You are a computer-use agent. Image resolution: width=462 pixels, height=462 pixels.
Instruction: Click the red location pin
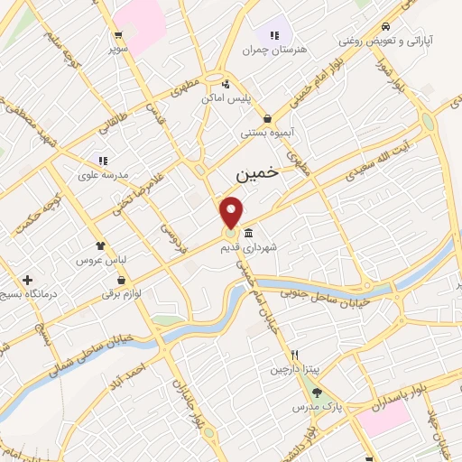coord(232,211)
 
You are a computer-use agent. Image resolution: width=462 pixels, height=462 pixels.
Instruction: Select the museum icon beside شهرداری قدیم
coord(248,234)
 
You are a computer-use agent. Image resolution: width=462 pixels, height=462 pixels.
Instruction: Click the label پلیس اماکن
coord(250,97)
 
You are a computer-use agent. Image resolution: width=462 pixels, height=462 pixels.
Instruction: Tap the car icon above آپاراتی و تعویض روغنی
coord(385,26)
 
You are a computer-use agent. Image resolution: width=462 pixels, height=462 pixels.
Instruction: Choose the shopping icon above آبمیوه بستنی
coord(267,118)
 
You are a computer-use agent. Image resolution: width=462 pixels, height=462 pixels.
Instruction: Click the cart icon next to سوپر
coord(118,36)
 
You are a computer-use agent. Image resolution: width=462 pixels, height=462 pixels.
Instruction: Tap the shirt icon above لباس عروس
coord(100,245)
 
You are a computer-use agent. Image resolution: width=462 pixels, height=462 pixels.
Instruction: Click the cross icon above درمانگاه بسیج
coord(27,280)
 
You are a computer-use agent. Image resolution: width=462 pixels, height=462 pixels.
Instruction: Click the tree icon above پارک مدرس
coord(316,392)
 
